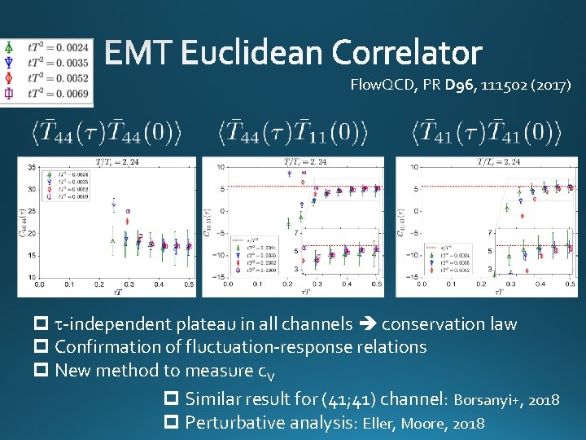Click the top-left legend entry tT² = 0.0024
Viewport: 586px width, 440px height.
pos(58,48)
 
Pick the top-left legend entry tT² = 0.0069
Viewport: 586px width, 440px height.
pos(58,93)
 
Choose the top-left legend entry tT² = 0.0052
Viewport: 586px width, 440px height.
pos(58,77)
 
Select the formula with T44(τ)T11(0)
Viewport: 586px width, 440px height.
pos(293,131)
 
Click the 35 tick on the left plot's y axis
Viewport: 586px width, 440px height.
pos(31,167)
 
